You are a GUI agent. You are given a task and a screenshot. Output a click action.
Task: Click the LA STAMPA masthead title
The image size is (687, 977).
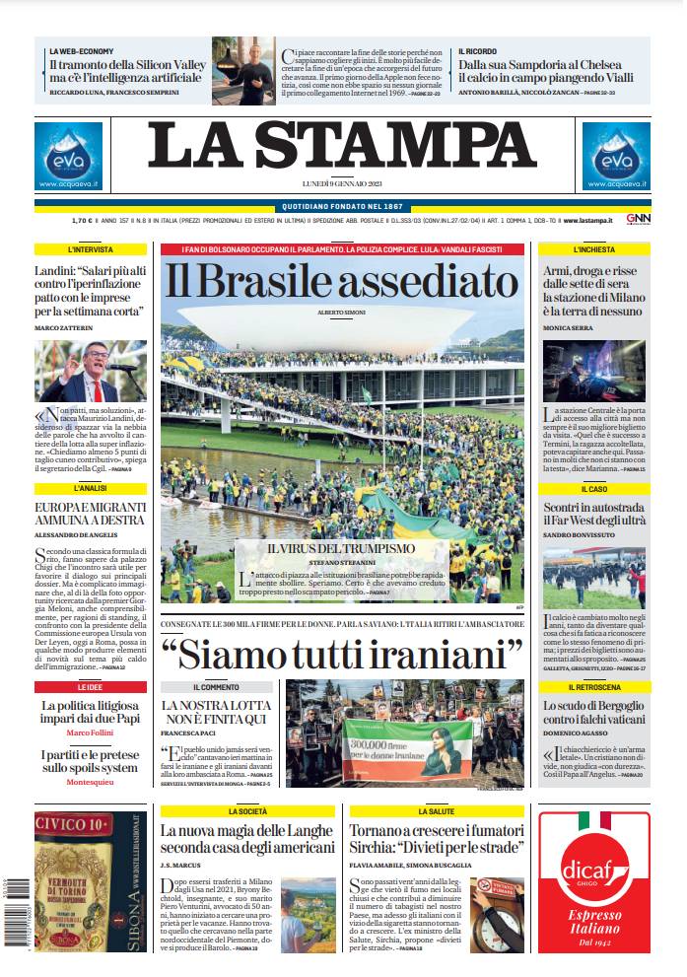click(x=343, y=146)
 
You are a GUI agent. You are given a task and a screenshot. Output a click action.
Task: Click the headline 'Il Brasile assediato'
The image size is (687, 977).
click(x=341, y=282)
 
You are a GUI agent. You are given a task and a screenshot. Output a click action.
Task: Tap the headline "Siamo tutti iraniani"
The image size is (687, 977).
click(x=341, y=654)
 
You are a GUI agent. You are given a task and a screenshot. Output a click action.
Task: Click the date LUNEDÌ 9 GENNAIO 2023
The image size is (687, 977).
click(x=343, y=184)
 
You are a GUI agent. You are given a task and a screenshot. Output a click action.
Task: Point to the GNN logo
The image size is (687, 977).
click(x=638, y=219)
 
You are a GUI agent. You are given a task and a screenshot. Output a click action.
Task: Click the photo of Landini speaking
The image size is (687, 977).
click(x=91, y=371)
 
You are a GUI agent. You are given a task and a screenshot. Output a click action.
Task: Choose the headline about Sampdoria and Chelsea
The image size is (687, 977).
click(x=550, y=71)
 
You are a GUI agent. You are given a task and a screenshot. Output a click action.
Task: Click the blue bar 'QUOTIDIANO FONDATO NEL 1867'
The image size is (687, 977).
click(x=343, y=206)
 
